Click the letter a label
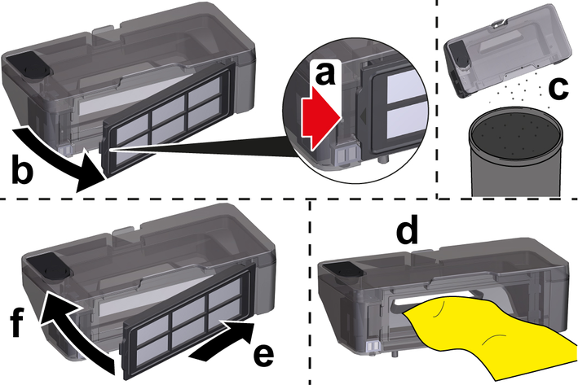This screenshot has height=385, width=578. coord(325,72)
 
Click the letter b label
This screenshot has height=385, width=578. coord(22,169)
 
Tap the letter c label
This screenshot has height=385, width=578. coord(558,89)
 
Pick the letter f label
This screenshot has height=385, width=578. coord(16,322)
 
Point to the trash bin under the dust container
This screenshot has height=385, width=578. coord(515,152)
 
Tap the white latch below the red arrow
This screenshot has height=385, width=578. coord(344,155)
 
